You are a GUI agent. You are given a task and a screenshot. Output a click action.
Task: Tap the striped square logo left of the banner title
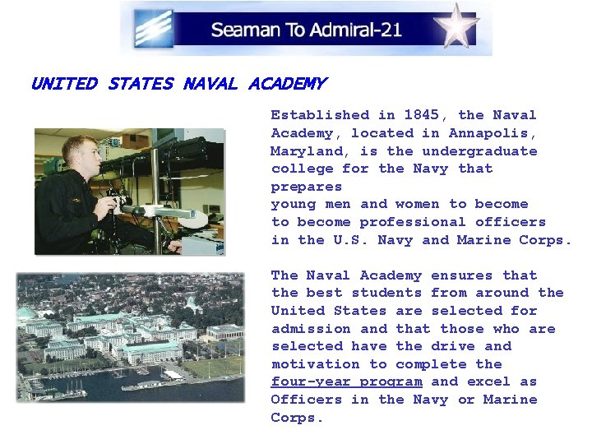[154, 27]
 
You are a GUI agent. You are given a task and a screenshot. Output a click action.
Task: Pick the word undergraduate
[479, 151]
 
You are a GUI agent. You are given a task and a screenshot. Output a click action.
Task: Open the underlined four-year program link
[347, 382]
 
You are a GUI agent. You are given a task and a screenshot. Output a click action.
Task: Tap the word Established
[320, 115]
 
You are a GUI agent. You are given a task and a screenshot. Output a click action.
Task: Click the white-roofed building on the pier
[173, 375]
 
